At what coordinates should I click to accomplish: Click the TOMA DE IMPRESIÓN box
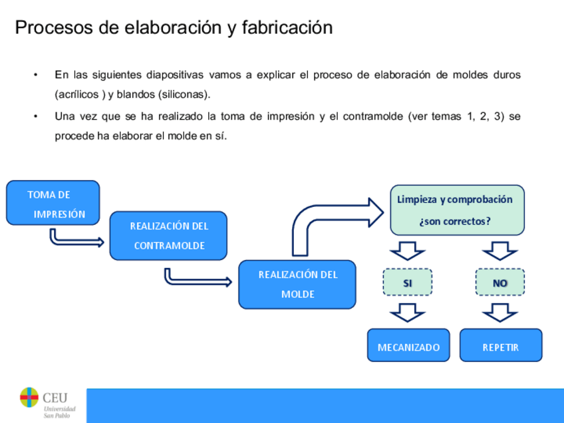point(53,202)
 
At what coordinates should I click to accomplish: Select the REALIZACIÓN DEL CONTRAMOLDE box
point(168,235)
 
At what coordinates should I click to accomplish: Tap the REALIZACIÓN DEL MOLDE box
point(297,284)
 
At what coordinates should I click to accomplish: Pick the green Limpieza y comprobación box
point(457,210)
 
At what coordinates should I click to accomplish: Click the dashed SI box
point(407,283)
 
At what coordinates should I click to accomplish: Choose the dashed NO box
point(499,283)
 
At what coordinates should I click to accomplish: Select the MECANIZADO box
point(408,346)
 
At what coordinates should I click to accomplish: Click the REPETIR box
point(500,346)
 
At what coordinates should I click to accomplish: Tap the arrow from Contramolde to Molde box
point(196,277)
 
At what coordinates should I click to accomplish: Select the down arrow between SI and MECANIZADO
point(407,311)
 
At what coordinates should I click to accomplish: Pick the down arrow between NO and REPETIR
point(499,311)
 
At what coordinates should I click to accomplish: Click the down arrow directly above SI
point(407,251)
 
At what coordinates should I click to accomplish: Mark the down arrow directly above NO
point(499,251)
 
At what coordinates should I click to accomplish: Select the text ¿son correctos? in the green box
point(455,221)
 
